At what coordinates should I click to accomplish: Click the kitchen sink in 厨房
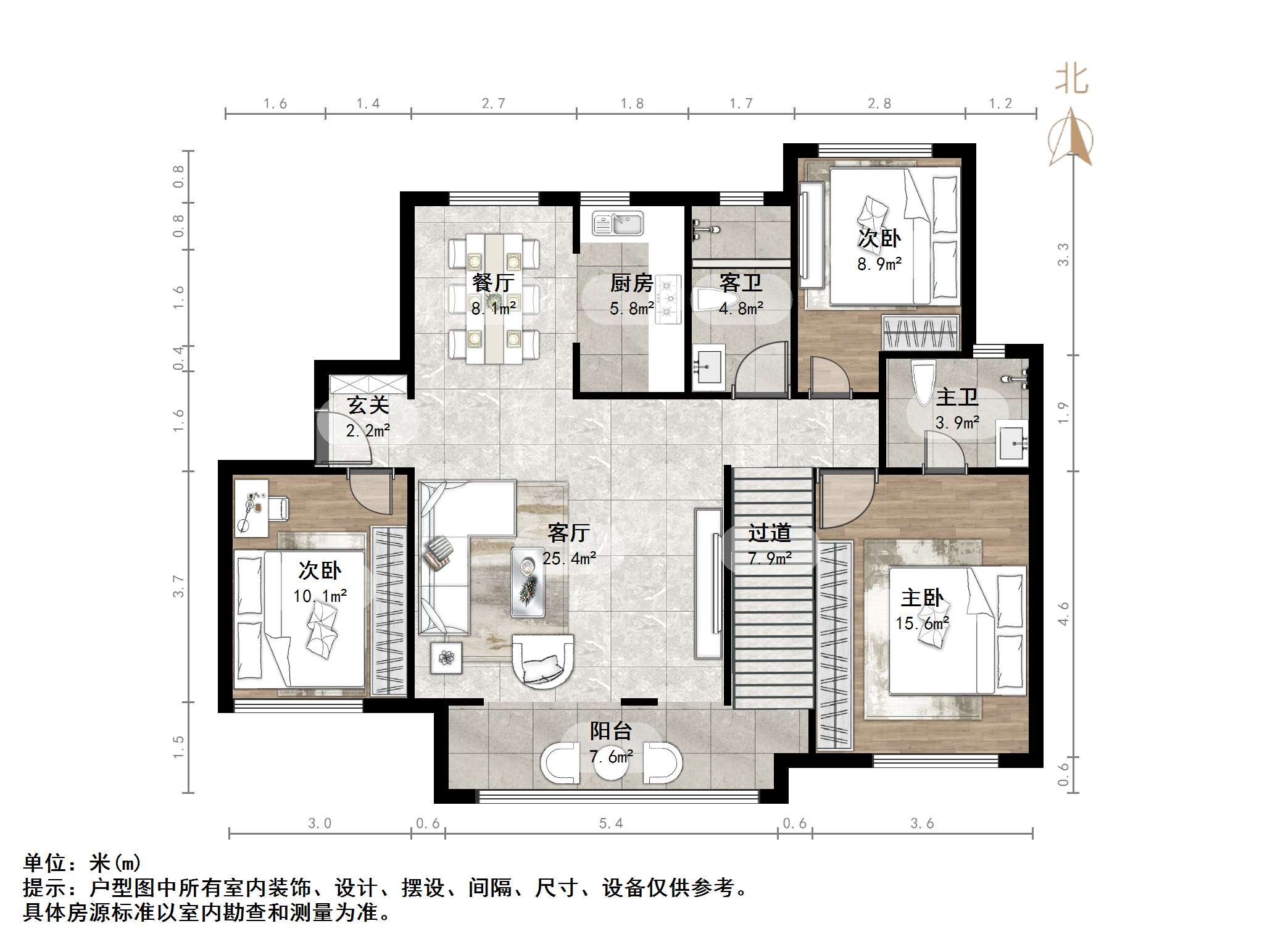(x=618, y=223)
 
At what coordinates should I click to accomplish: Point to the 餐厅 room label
(x=493, y=283)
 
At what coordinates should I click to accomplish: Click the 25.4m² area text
(x=569, y=559)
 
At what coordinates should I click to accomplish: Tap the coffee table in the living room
(x=528, y=582)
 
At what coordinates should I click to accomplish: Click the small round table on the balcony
(x=611, y=764)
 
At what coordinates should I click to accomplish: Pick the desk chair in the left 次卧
(x=279, y=508)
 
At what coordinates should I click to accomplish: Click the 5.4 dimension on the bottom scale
(x=611, y=824)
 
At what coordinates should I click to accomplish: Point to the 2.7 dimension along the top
(x=493, y=104)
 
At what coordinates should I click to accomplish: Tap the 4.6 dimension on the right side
(x=1063, y=614)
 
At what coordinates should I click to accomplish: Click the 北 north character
(x=1071, y=80)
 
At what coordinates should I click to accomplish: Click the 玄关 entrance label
(x=368, y=406)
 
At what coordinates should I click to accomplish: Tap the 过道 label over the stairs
(x=769, y=533)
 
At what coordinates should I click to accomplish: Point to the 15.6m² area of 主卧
(x=922, y=624)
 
